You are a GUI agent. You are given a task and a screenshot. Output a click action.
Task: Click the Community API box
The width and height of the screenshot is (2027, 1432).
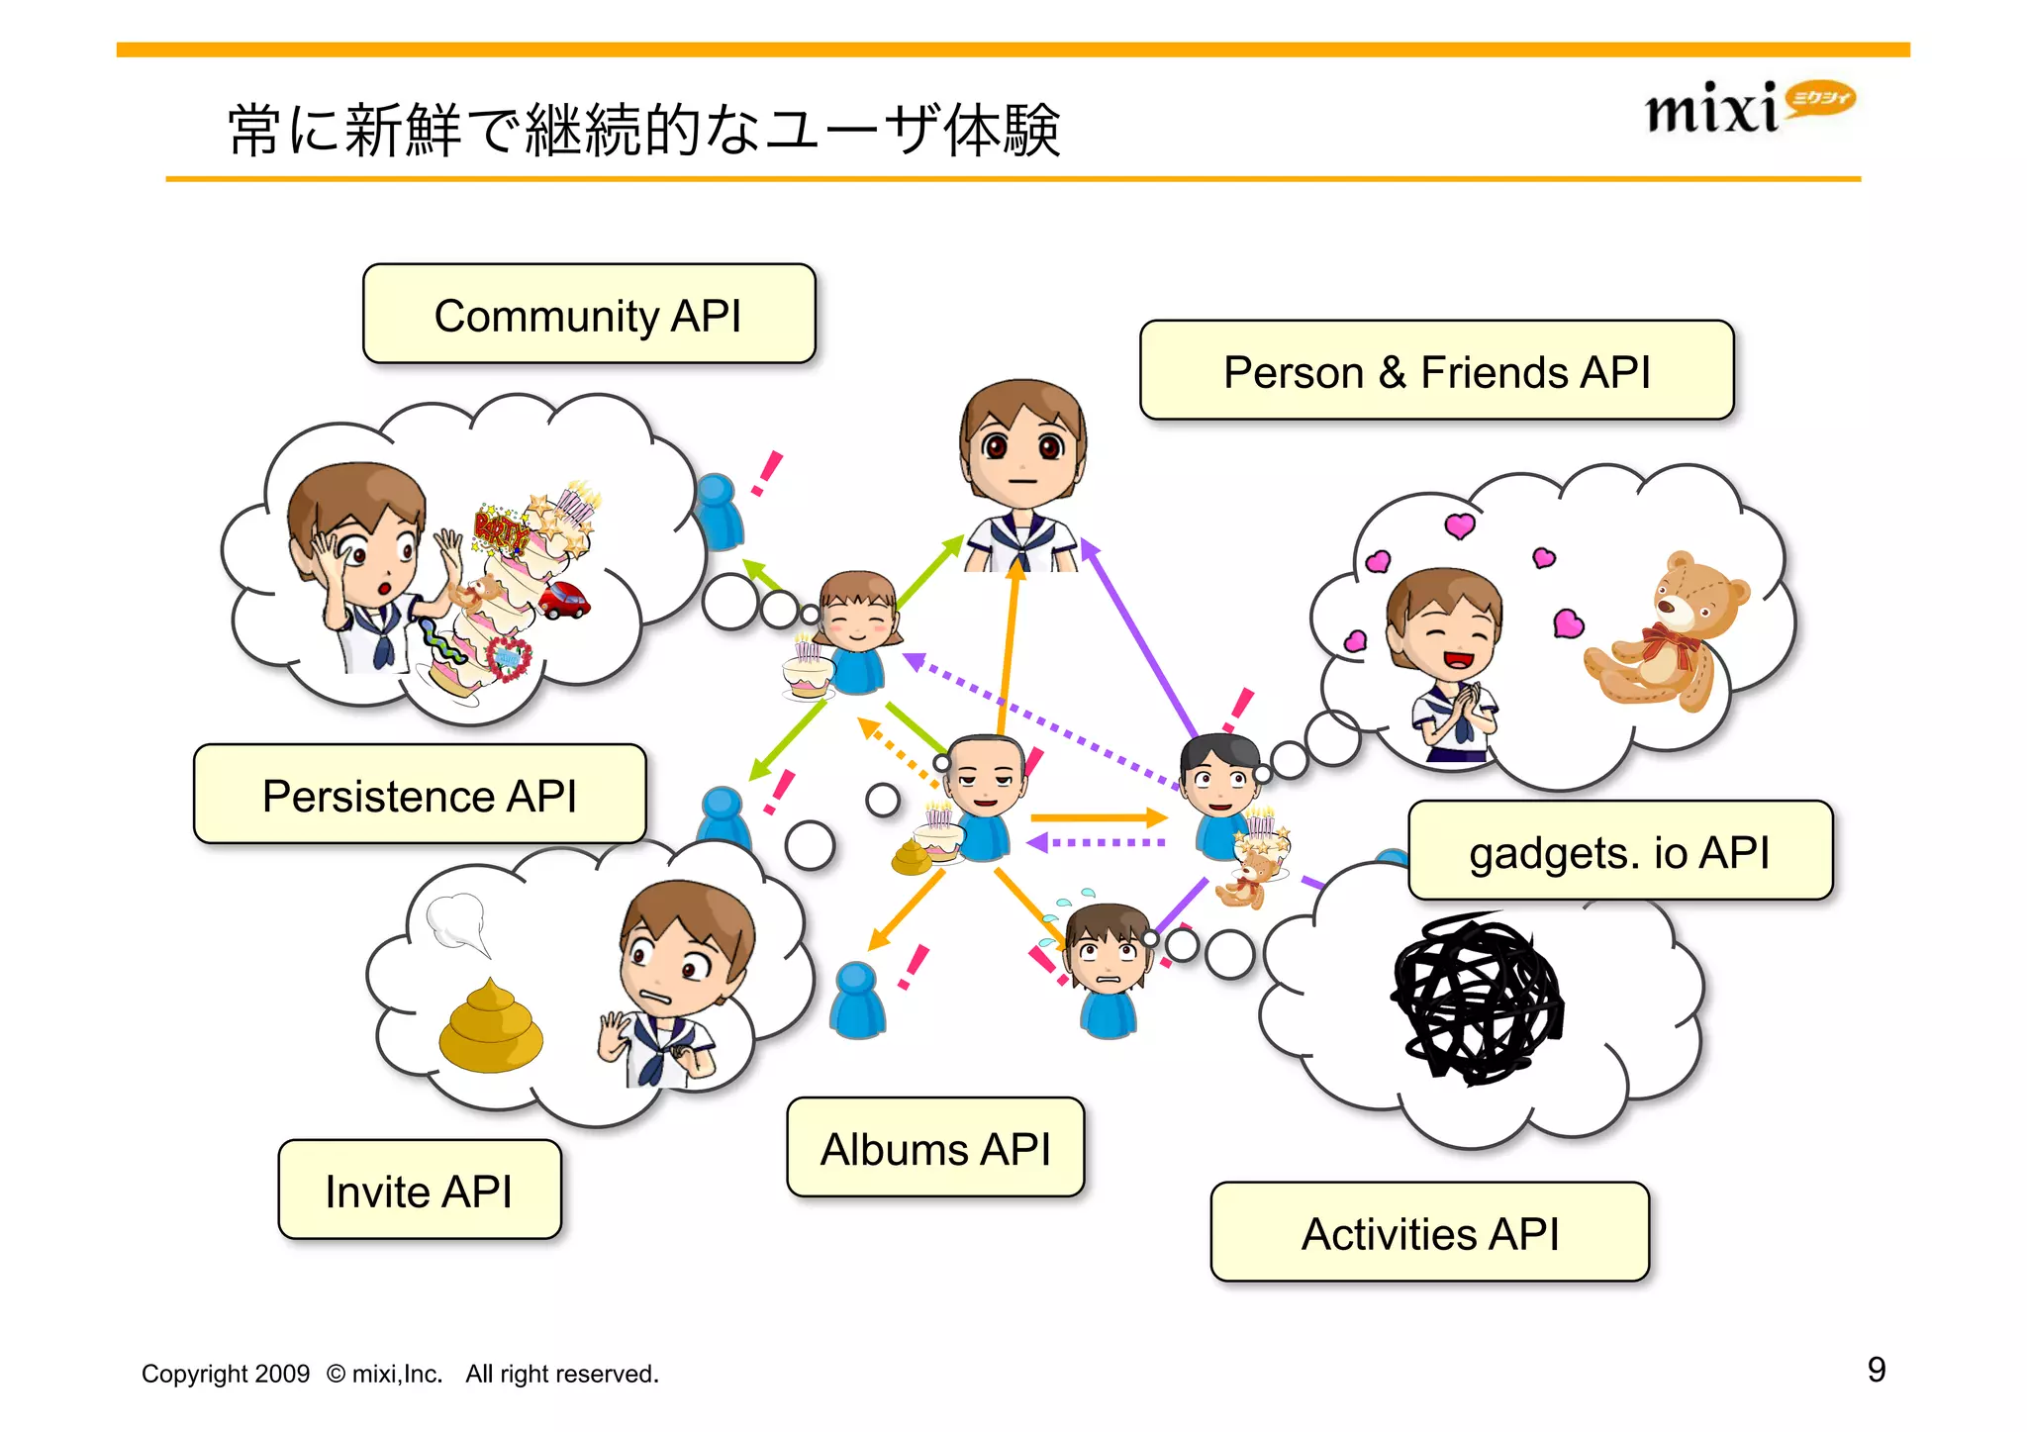[x=589, y=315]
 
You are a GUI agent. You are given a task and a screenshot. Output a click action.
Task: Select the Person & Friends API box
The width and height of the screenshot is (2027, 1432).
[x=1436, y=371]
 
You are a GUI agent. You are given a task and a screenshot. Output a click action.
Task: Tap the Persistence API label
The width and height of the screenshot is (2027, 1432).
[x=420, y=795]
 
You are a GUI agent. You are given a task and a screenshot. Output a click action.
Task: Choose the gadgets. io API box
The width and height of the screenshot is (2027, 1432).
[x=1619, y=851]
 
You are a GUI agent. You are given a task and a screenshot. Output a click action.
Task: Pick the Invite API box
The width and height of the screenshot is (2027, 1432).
[x=420, y=1191]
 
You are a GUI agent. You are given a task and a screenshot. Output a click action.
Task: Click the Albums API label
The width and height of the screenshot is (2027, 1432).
[x=935, y=1148]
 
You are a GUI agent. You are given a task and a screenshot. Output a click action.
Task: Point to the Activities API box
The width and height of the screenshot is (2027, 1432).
[x=1429, y=1233]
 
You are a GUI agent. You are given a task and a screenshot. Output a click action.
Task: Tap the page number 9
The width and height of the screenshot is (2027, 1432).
[x=1876, y=1370]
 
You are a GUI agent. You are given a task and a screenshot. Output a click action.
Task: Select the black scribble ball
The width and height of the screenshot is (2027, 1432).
[x=1477, y=1000]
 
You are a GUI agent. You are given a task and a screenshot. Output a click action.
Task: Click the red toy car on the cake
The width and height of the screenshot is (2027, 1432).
[x=563, y=600]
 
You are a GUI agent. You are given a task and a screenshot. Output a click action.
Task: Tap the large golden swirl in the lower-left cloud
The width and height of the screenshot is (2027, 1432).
[x=491, y=1029]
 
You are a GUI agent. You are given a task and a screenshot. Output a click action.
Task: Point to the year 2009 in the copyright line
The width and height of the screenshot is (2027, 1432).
[x=282, y=1374]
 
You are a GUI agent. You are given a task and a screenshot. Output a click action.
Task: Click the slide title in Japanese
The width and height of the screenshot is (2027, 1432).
[x=643, y=130]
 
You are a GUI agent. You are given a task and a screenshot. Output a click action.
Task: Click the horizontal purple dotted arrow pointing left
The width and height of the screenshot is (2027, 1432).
[x=1097, y=843]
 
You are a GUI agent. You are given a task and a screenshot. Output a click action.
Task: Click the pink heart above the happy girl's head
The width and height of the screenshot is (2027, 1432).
[x=1459, y=525]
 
